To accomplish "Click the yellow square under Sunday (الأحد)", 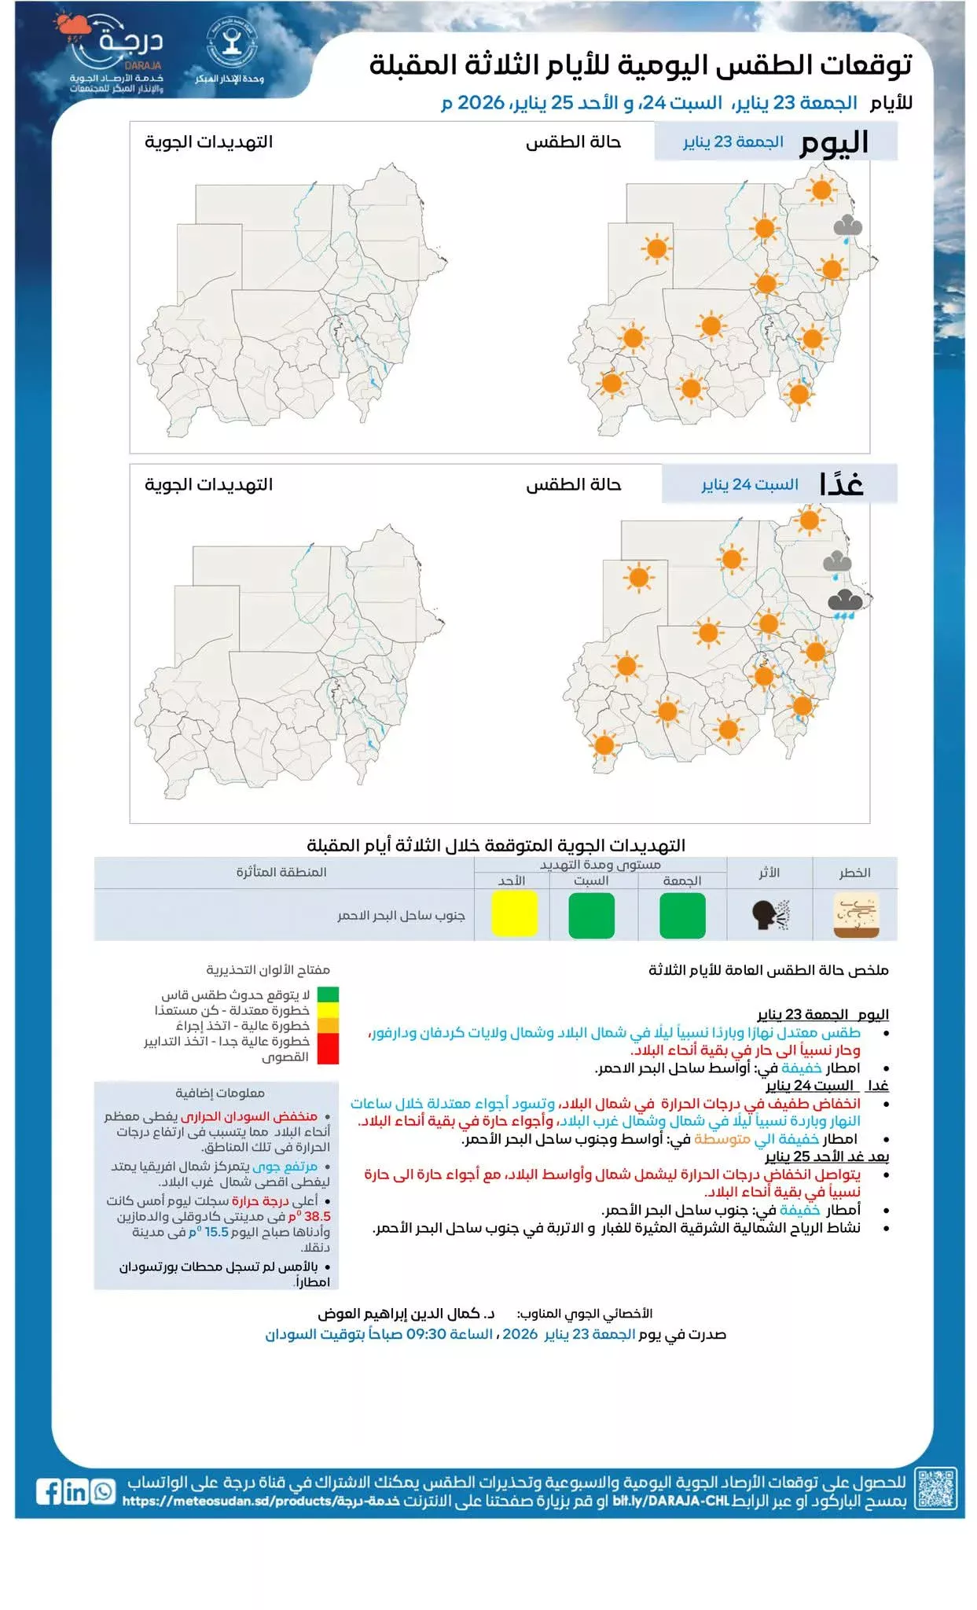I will pyautogui.click(x=514, y=913).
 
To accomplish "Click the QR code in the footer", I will pyautogui.click(x=936, y=1488).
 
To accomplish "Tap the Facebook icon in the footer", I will pyautogui.click(x=49, y=1491).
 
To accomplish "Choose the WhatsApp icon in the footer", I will pyautogui.click(x=103, y=1491).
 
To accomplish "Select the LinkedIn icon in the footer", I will pyautogui.click(x=76, y=1491).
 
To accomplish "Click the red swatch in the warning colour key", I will pyautogui.click(x=329, y=1049).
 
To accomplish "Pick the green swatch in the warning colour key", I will pyautogui.click(x=329, y=994).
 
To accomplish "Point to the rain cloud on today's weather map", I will pyautogui.click(x=847, y=229).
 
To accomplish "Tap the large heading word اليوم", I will pyautogui.click(x=834, y=143).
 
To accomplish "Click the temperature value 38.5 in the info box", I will pyautogui.click(x=317, y=1216).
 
